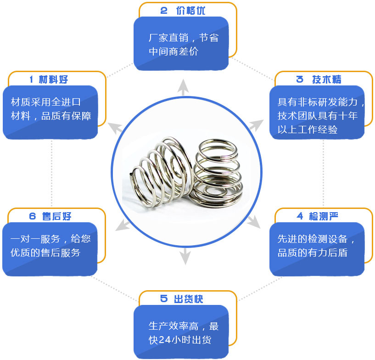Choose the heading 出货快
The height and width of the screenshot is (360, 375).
coord(188,299)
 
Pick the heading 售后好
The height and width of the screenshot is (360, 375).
coord(56,216)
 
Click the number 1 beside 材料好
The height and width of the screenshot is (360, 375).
coord(32,79)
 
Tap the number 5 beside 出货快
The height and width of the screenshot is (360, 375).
coord(164,299)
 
